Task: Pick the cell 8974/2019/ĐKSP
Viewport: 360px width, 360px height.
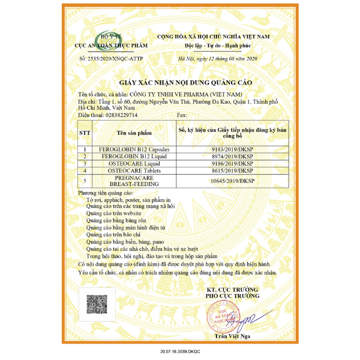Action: [x=233, y=156]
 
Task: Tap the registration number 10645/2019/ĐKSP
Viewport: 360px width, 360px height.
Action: [x=233, y=181]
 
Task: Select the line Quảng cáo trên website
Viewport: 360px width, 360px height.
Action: [x=114, y=213]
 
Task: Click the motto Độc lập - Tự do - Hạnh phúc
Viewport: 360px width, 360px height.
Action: [x=214, y=45]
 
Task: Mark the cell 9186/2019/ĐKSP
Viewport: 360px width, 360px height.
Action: [x=233, y=163]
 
